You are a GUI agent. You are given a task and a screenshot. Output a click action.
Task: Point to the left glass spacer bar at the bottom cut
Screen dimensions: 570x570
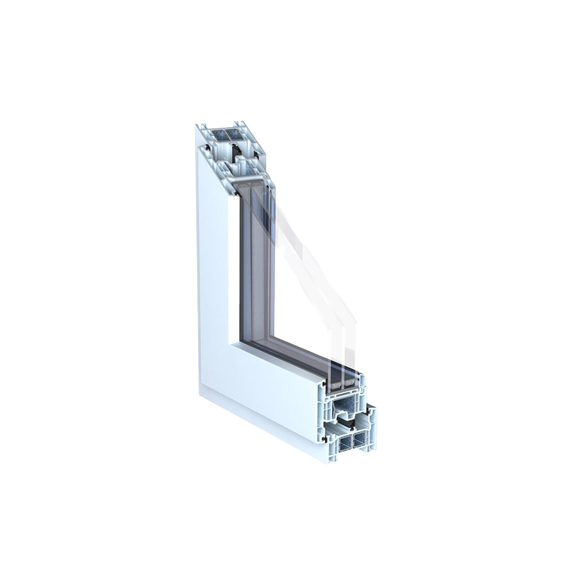pyautogui.click(x=335, y=384)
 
